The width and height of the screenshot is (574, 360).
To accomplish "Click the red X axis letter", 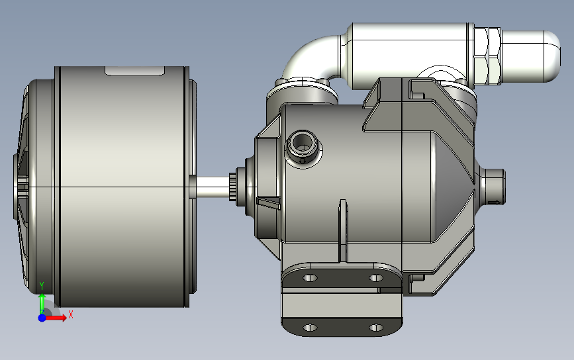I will pyautogui.click(x=70, y=315).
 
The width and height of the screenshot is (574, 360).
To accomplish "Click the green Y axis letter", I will pyautogui.click(x=42, y=286).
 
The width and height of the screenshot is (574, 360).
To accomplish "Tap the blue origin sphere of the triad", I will pyautogui.click(x=42, y=318).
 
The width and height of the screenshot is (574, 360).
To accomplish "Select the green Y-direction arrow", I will pyautogui.click(x=42, y=303).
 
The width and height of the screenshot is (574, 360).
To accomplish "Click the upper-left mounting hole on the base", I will pyautogui.click(x=310, y=278).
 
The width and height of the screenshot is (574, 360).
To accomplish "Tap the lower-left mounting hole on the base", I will pyautogui.click(x=310, y=328).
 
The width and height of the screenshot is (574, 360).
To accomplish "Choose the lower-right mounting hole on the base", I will pyautogui.click(x=375, y=328).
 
